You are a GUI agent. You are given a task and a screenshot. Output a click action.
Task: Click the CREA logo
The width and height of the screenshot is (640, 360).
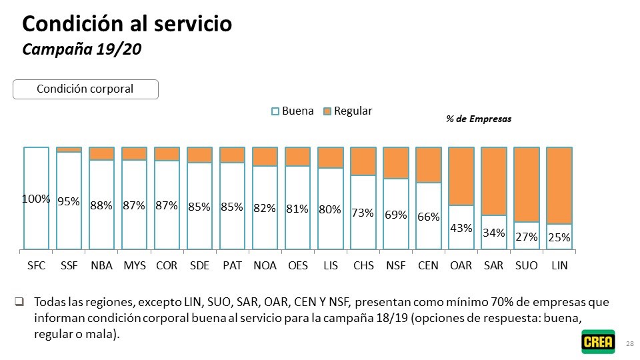tap(598, 341)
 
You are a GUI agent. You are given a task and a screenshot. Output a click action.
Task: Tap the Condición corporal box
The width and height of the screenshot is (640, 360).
tap(85, 89)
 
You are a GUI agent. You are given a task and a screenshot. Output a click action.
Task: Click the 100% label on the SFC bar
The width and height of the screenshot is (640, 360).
tap(36, 199)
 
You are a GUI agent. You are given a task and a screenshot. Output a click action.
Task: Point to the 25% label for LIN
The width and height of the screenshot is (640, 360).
tap(559, 237)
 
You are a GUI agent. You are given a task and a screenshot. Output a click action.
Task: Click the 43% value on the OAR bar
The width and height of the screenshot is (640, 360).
tap(461, 228)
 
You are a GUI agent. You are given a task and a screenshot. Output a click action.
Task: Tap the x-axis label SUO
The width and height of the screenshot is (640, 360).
tap(526, 265)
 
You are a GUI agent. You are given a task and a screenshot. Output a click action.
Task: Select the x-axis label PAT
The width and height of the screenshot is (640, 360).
tap(232, 265)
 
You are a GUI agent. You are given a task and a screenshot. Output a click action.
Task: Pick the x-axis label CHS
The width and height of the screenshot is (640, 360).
tap(363, 265)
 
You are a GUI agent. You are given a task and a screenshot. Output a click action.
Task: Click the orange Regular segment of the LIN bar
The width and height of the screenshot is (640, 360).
tap(559, 185)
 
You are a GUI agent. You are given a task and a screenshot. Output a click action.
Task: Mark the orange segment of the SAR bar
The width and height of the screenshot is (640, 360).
tap(493, 181)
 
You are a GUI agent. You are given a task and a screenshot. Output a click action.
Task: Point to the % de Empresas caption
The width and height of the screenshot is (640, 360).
tap(479, 119)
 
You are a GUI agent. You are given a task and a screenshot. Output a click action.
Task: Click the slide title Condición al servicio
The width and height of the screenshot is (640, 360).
tap(127, 24)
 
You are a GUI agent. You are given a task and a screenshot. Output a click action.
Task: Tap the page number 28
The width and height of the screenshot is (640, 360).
tap(630, 343)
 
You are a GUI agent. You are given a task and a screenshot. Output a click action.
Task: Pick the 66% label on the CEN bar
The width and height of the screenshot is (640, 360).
tap(428, 217)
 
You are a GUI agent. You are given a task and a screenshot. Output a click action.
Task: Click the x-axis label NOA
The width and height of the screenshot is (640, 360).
tap(265, 265)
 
